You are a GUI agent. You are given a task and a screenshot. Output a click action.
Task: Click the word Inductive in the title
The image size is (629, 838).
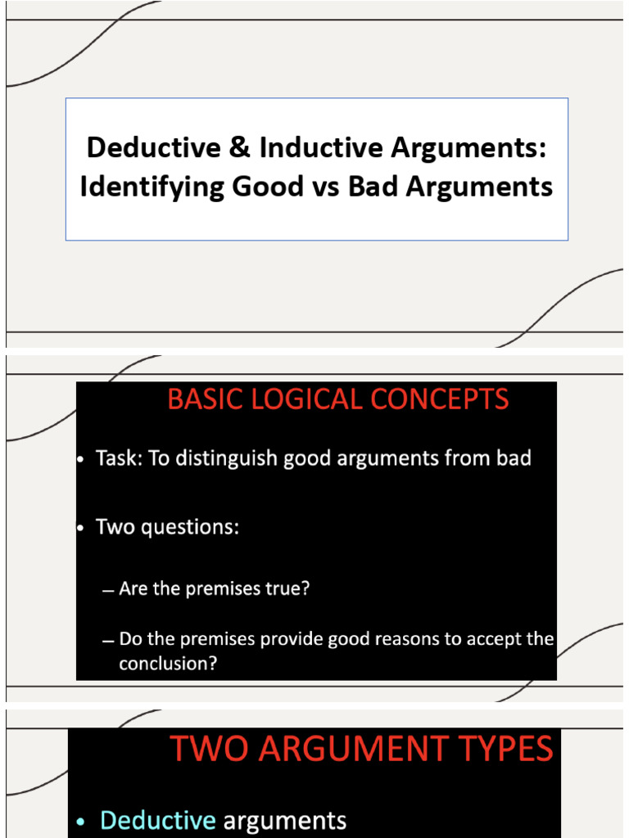pyautogui.click(x=322, y=148)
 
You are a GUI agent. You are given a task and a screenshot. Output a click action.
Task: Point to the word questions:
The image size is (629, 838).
pyautogui.click(x=193, y=527)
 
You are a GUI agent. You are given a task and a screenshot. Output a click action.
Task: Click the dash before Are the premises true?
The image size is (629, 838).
pyautogui.click(x=108, y=590)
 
